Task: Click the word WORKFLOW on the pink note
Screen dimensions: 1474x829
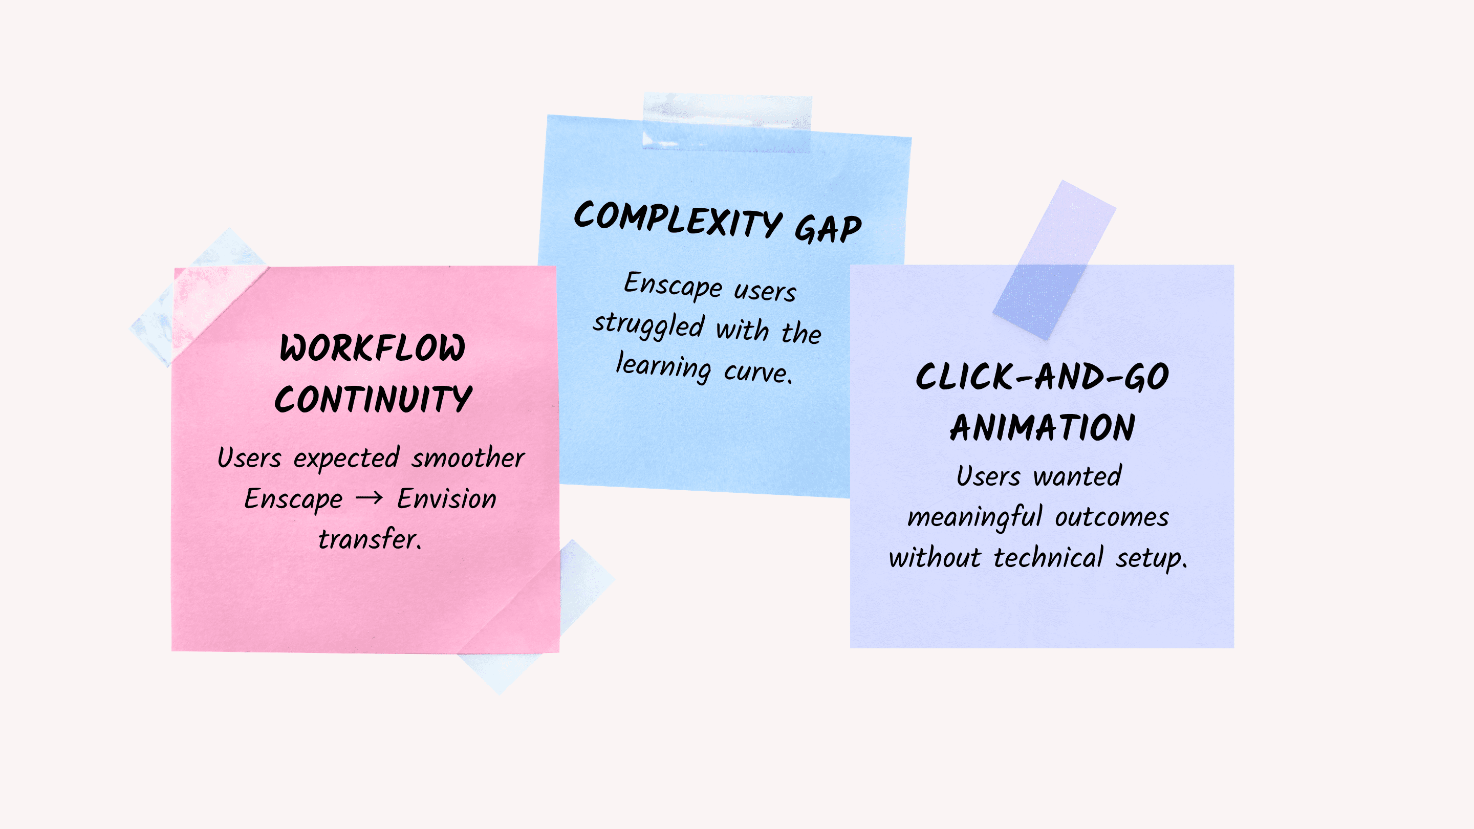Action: [373, 348]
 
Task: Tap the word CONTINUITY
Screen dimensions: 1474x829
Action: [374, 399]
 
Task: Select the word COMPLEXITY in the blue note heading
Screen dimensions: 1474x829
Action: [678, 219]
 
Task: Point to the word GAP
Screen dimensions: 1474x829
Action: [828, 229]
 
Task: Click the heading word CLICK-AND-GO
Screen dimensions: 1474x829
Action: [1042, 377]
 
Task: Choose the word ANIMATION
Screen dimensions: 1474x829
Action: [1043, 427]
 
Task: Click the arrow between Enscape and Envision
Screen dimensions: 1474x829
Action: [369, 498]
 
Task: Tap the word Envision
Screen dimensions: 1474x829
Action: [447, 498]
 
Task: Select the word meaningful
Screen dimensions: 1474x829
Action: [975, 517]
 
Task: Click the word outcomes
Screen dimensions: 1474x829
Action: [1112, 517]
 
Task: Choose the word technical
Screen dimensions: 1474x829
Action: [1048, 557]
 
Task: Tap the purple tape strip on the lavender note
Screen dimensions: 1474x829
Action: [1054, 260]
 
